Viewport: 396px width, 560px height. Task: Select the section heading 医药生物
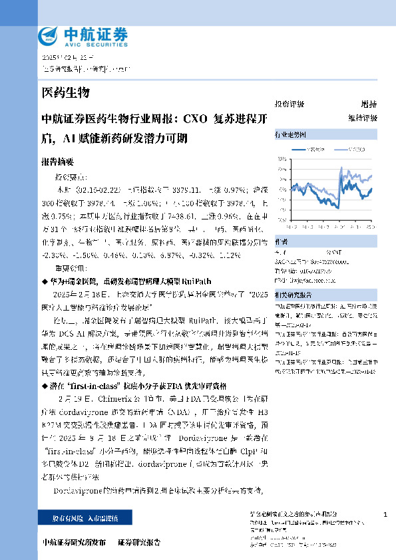(x=65, y=92)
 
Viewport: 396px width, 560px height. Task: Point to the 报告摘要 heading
(x=57, y=162)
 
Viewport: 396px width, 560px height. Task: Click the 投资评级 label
(x=290, y=104)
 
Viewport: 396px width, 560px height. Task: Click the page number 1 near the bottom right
(x=386, y=515)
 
